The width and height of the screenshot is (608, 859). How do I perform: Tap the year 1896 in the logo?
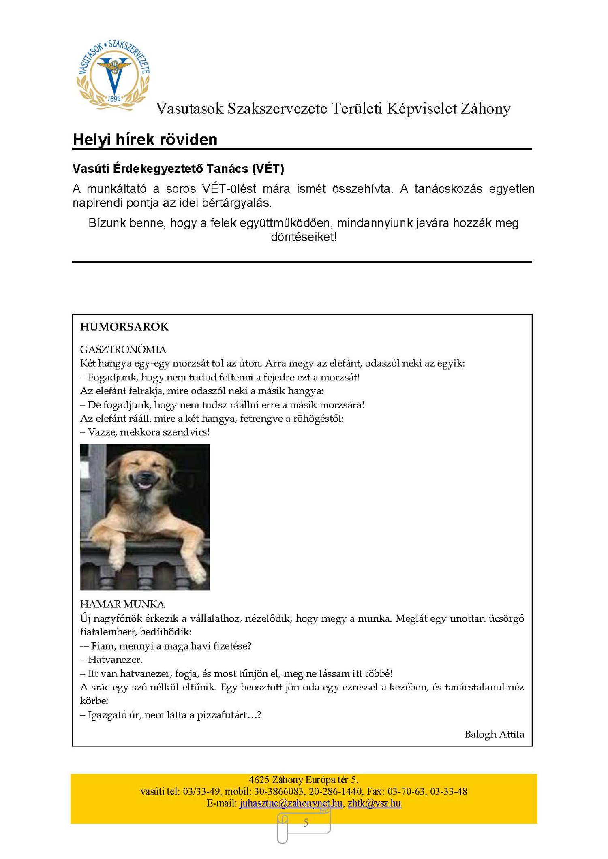(114, 98)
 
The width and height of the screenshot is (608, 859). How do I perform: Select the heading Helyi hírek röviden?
(145, 139)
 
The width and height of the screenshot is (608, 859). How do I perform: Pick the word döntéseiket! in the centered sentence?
(304, 237)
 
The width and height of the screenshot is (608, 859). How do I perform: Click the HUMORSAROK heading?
(124, 327)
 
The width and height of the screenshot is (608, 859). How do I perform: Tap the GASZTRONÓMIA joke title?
(123, 349)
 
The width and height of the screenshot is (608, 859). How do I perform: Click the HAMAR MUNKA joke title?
(122, 604)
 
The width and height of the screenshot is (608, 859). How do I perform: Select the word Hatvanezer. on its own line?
(115, 660)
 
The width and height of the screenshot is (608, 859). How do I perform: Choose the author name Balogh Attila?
(494, 734)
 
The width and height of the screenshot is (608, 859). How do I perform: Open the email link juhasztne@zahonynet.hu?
(291, 803)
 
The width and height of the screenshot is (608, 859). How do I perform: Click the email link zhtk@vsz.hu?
(374, 803)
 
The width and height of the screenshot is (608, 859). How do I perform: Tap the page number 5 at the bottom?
(306, 823)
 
